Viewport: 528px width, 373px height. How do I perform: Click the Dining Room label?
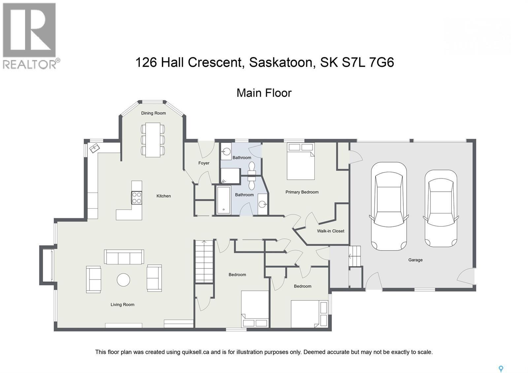pos(153,113)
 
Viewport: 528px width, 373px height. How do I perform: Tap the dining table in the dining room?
pos(153,140)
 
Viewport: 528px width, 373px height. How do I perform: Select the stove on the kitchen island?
pos(137,198)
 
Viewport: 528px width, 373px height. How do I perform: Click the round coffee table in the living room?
pos(123,280)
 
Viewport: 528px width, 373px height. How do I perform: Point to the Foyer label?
pos(204,163)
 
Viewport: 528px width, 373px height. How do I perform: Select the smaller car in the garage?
pos(441,209)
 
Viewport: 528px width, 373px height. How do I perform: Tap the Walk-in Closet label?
pos(330,231)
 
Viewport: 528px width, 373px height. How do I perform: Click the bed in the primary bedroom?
pos(300,161)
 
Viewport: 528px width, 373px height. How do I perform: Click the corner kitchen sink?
pos(94,148)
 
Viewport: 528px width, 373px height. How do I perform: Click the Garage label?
pos(415,260)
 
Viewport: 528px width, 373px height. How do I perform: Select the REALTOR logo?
pos(30,35)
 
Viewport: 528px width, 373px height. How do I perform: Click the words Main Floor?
pos(264,93)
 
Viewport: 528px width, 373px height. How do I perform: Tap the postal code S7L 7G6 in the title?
pos(368,62)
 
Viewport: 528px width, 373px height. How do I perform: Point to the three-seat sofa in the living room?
pos(124,257)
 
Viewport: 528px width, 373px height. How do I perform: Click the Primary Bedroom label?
pos(302,192)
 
